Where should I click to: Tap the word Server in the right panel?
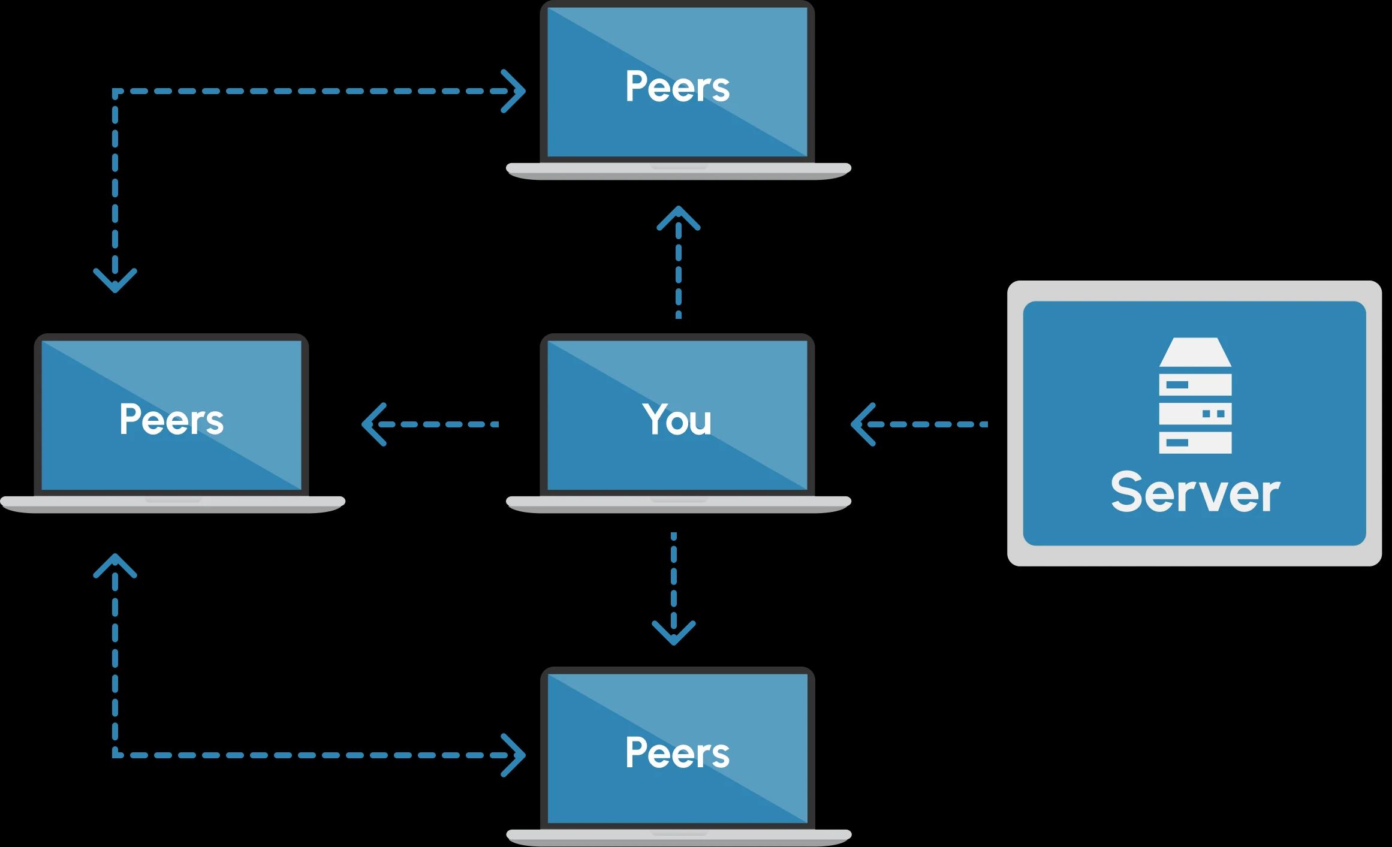[x=1195, y=493]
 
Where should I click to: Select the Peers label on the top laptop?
[x=677, y=87]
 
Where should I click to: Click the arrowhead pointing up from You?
[x=679, y=218]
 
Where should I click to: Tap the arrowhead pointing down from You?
[x=674, y=634]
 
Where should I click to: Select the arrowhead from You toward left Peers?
[x=372, y=424]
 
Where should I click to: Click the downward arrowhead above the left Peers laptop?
[x=115, y=281]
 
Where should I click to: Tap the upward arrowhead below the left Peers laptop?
[x=115, y=565]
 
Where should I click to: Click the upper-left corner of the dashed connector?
[x=115, y=92]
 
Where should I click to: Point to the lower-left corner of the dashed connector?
[x=115, y=755]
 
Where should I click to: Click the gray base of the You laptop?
[x=679, y=504]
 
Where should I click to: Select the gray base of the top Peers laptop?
[x=679, y=171]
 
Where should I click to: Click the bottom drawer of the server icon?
[x=1195, y=443]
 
